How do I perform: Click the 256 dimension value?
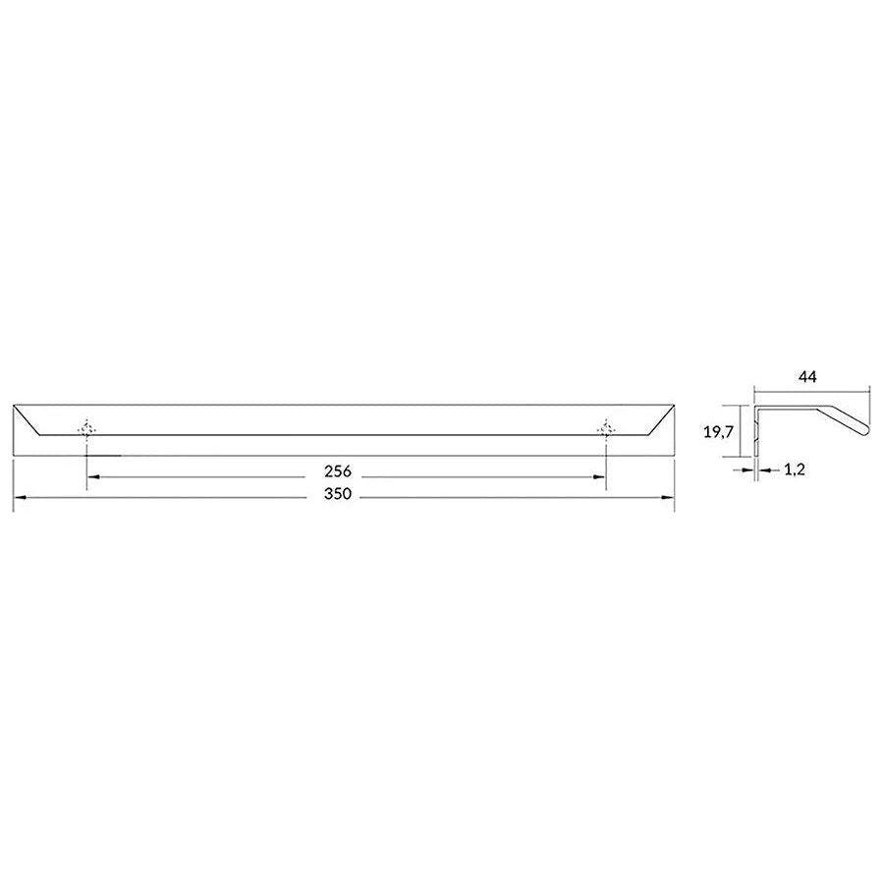pos(338,470)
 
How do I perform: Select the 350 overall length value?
pos(338,494)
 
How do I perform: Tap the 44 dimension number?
pos(808,376)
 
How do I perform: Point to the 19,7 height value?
pos(718,432)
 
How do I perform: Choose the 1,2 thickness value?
pos(795,470)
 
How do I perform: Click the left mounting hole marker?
pos(86,430)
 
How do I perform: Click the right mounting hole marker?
pos(606,430)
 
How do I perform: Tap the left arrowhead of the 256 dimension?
pos(94,477)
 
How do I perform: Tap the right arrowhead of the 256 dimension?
pos(599,477)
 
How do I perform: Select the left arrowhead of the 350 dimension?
pos(20,497)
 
